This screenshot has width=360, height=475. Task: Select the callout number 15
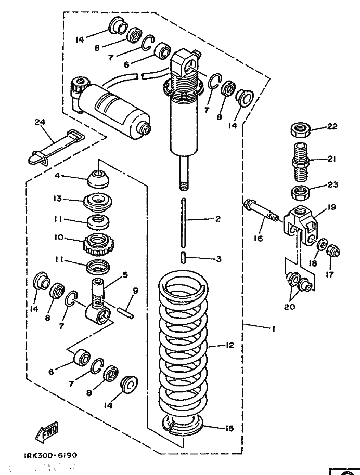(229, 429)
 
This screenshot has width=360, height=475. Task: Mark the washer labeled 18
(322, 244)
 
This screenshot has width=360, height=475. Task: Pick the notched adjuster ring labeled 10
(99, 242)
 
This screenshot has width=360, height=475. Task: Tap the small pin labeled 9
(126, 311)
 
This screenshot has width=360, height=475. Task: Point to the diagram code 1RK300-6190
(50, 455)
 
